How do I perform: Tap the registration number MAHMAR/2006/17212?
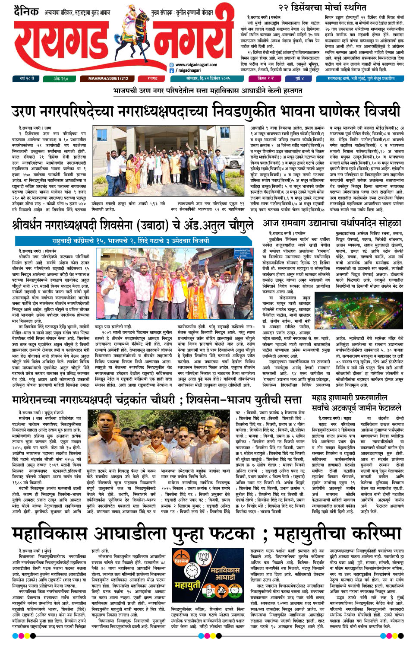[108, 79]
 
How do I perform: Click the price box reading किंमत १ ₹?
[265, 79]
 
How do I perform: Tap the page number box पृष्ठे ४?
[299, 79]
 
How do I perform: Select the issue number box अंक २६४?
[60, 79]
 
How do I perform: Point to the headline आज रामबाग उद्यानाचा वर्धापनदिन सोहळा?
[331, 223]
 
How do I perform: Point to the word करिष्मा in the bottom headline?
[376, 534]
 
